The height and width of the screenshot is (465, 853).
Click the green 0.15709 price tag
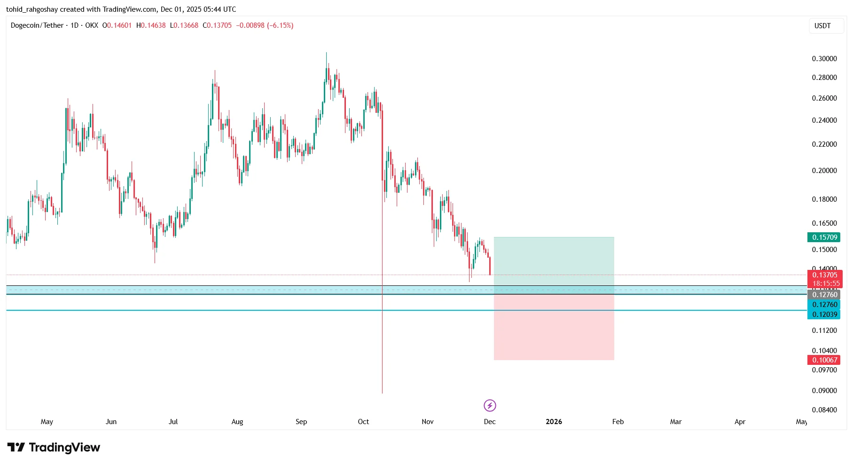point(824,237)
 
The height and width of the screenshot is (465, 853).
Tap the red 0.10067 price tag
point(824,360)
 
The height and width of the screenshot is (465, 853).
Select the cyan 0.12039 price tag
point(824,315)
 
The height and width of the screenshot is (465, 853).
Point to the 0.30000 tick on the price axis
point(824,59)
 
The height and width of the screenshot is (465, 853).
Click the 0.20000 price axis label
point(824,171)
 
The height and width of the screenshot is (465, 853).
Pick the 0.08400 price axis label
point(824,410)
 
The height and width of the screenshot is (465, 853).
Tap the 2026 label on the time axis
point(554,422)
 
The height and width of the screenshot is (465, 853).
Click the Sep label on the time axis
point(301,422)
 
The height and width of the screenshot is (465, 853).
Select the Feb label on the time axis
point(618,422)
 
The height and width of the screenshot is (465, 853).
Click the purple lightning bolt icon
point(490,405)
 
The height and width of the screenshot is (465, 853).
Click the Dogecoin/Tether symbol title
point(37,25)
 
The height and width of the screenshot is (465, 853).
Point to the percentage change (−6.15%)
point(280,25)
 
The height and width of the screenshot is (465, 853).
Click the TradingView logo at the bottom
point(54,448)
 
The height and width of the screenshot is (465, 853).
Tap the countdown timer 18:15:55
point(826,284)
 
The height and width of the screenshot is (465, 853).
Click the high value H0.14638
point(151,25)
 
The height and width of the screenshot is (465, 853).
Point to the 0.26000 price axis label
point(824,98)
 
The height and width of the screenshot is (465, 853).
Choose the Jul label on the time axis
point(173,422)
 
